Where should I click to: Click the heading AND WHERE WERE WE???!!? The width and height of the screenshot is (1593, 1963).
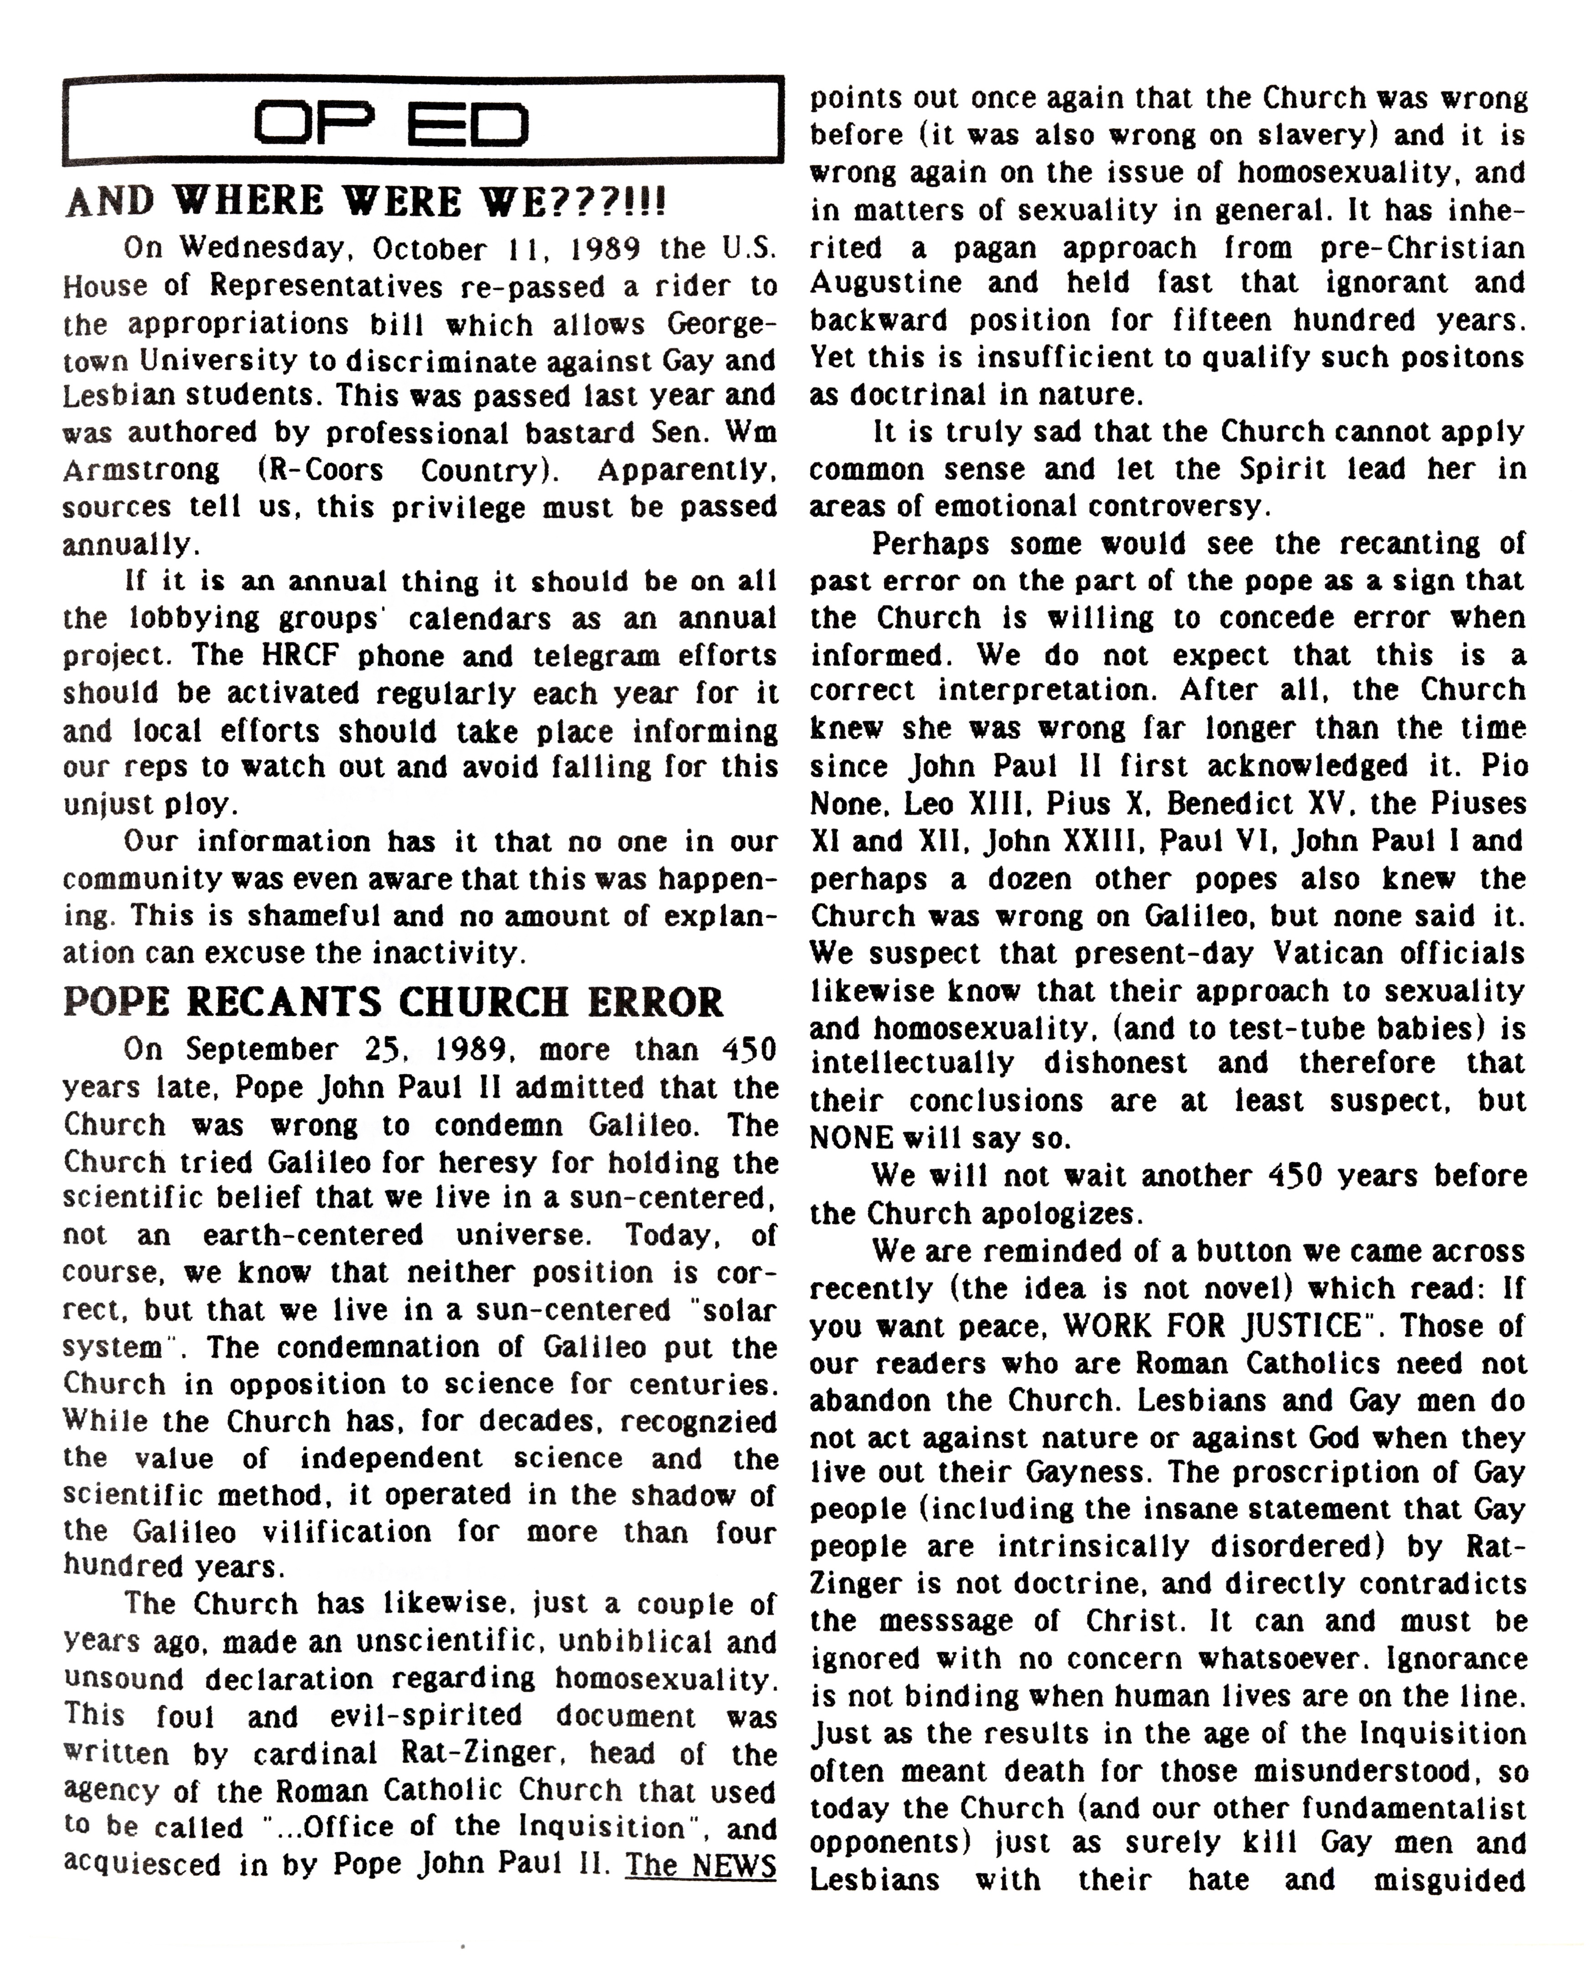(365, 201)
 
